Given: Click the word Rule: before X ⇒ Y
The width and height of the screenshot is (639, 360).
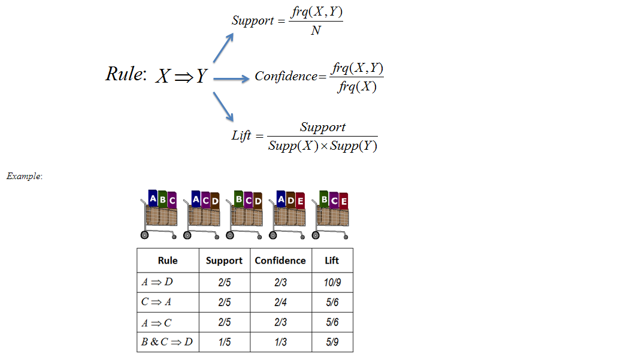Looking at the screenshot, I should (x=125, y=74).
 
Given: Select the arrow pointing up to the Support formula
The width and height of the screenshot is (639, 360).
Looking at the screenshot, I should (x=223, y=47).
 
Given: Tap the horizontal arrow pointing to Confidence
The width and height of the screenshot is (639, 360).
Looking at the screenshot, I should (x=231, y=78).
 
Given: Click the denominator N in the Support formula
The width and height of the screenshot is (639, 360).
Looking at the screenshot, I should (x=316, y=31).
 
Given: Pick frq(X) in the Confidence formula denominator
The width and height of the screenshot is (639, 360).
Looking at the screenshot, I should (x=356, y=87).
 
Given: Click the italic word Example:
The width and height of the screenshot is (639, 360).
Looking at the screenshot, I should (x=25, y=177).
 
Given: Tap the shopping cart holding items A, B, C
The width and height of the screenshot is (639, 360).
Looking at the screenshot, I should (x=159, y=214).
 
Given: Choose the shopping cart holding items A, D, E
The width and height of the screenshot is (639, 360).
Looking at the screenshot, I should (x=289, y=214).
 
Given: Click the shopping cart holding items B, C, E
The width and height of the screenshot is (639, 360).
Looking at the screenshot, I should (x=332, y=214).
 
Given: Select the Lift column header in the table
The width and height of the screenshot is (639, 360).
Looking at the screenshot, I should (x=332, y=261).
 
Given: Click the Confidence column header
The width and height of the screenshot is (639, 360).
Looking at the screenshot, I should (x=280, y=261).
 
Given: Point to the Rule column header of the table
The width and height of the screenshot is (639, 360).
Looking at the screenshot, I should (x=168, y=261).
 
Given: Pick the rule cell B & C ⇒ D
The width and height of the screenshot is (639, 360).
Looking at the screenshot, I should (x=167, y=342).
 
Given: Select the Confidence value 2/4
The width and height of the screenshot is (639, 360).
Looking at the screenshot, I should (x=280, y=302).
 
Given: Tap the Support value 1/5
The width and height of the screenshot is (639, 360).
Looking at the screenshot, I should (x=224, y=342).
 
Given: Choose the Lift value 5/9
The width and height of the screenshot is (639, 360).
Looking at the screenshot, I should (x=332, y=342).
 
